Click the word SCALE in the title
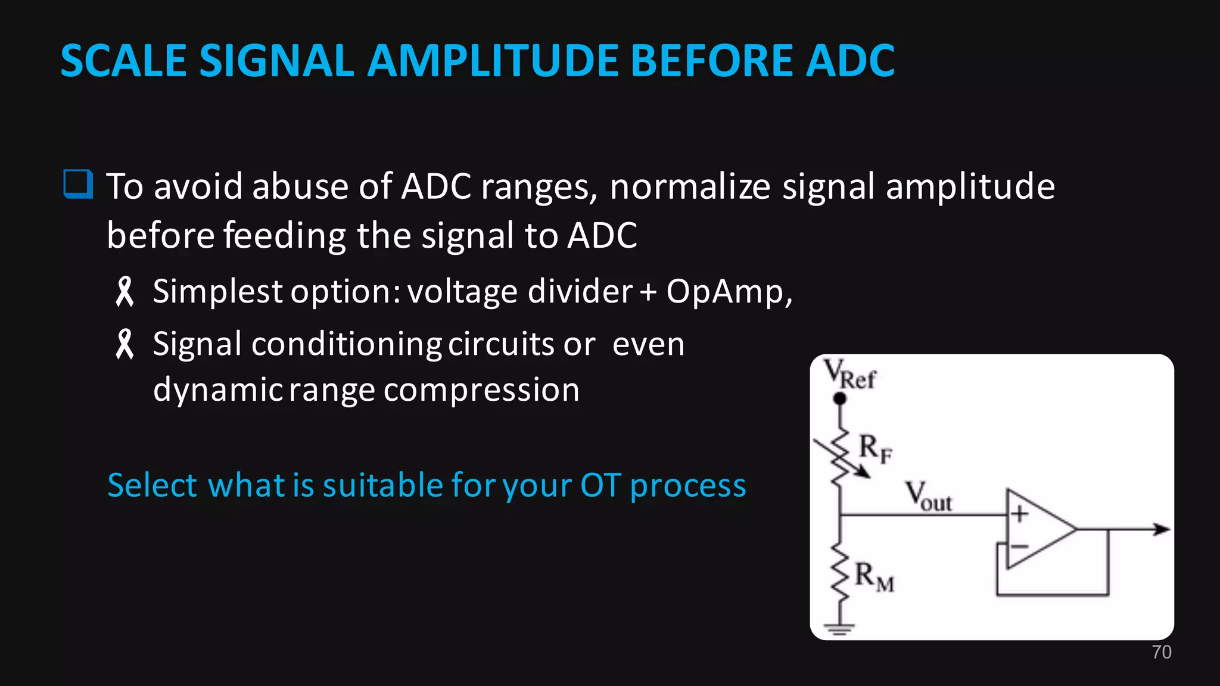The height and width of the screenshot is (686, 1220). pos(123,61)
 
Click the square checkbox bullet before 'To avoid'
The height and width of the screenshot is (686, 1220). pos(78,184)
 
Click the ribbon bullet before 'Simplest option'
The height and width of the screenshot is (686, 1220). pos(125,292)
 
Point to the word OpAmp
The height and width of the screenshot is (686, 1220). pos(729,292)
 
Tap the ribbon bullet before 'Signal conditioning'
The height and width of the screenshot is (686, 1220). pos(125,344)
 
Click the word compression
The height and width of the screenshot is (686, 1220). pos(481,391)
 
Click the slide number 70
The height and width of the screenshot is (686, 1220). pos(1161,652)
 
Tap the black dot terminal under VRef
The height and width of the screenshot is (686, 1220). pos(840,398)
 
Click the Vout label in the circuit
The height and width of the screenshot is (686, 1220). pos(929,497)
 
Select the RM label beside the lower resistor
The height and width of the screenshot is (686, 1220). pos(874,577)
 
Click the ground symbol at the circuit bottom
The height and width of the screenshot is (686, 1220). pos(839,628)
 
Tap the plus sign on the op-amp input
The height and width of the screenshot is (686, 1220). pos(1020,513)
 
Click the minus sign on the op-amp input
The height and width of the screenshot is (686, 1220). pos(1019,546)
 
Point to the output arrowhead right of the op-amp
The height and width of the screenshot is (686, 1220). pos(1161,529)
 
